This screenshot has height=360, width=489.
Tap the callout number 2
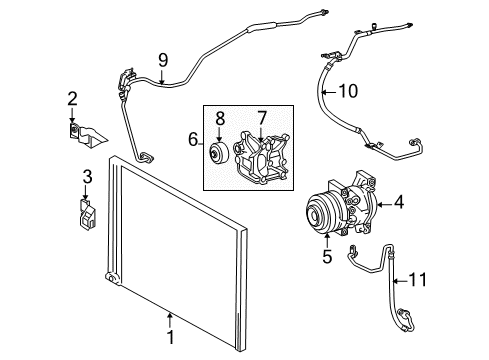pos(71,98)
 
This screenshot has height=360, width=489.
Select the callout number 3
pos(87,177)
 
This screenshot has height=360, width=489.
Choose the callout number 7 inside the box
pos(263,119)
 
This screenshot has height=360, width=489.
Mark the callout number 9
pos(163,58)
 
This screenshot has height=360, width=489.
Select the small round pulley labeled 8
pos(215,155)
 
